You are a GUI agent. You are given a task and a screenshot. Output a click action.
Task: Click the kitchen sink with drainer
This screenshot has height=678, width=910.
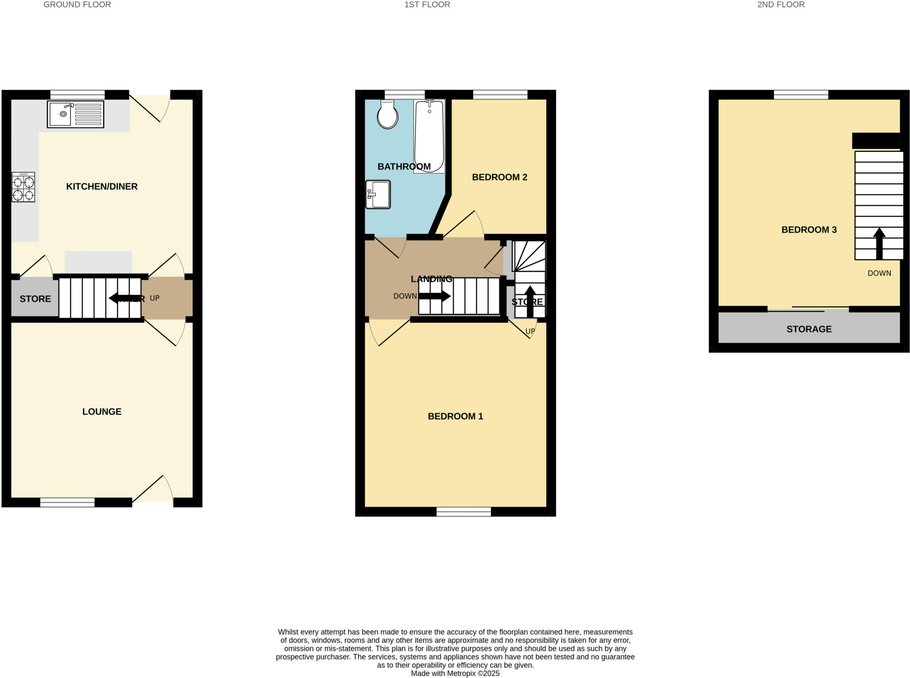[x=76, y=114]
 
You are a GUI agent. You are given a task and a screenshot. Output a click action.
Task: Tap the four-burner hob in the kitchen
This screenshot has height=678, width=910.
[x=23, y=187]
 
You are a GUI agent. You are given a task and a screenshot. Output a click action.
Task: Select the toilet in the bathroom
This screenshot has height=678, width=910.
[x=387, y=115]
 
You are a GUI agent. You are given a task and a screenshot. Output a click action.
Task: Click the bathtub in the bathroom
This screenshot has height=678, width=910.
[x=429, y=136]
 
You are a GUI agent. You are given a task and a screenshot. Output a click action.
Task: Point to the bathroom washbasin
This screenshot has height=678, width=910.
[x=378, y=194]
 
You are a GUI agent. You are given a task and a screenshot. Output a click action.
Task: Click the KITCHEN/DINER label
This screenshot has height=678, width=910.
[x=102, y=186]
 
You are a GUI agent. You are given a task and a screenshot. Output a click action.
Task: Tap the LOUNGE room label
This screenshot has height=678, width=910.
[x=102, y=412]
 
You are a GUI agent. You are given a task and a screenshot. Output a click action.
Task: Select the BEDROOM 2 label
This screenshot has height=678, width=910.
[x=499, y=177]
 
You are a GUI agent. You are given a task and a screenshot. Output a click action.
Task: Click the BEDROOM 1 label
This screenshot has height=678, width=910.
[x=455, y=416]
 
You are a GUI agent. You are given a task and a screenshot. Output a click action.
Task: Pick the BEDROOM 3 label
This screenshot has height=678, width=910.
[x=809, y=230]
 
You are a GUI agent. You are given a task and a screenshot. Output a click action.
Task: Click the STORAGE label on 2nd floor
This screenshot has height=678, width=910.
[x=809, y=329]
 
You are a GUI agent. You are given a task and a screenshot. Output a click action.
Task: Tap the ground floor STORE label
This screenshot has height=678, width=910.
[x=35, y=299]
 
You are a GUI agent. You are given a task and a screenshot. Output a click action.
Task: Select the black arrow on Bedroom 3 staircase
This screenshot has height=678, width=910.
[x=879, y=243]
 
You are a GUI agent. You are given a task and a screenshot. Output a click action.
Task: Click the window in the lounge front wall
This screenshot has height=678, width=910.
[x=67, y=502]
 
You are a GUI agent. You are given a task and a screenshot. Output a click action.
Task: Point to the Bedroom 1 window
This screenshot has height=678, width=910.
[x=463, y=512]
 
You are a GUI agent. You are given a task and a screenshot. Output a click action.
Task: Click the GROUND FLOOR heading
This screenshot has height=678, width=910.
[x=77, y=5]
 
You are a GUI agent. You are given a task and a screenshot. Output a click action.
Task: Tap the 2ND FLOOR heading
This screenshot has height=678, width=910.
[x=781, y=5]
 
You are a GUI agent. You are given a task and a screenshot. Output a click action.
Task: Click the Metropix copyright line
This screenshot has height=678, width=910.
[x=455, y=673]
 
